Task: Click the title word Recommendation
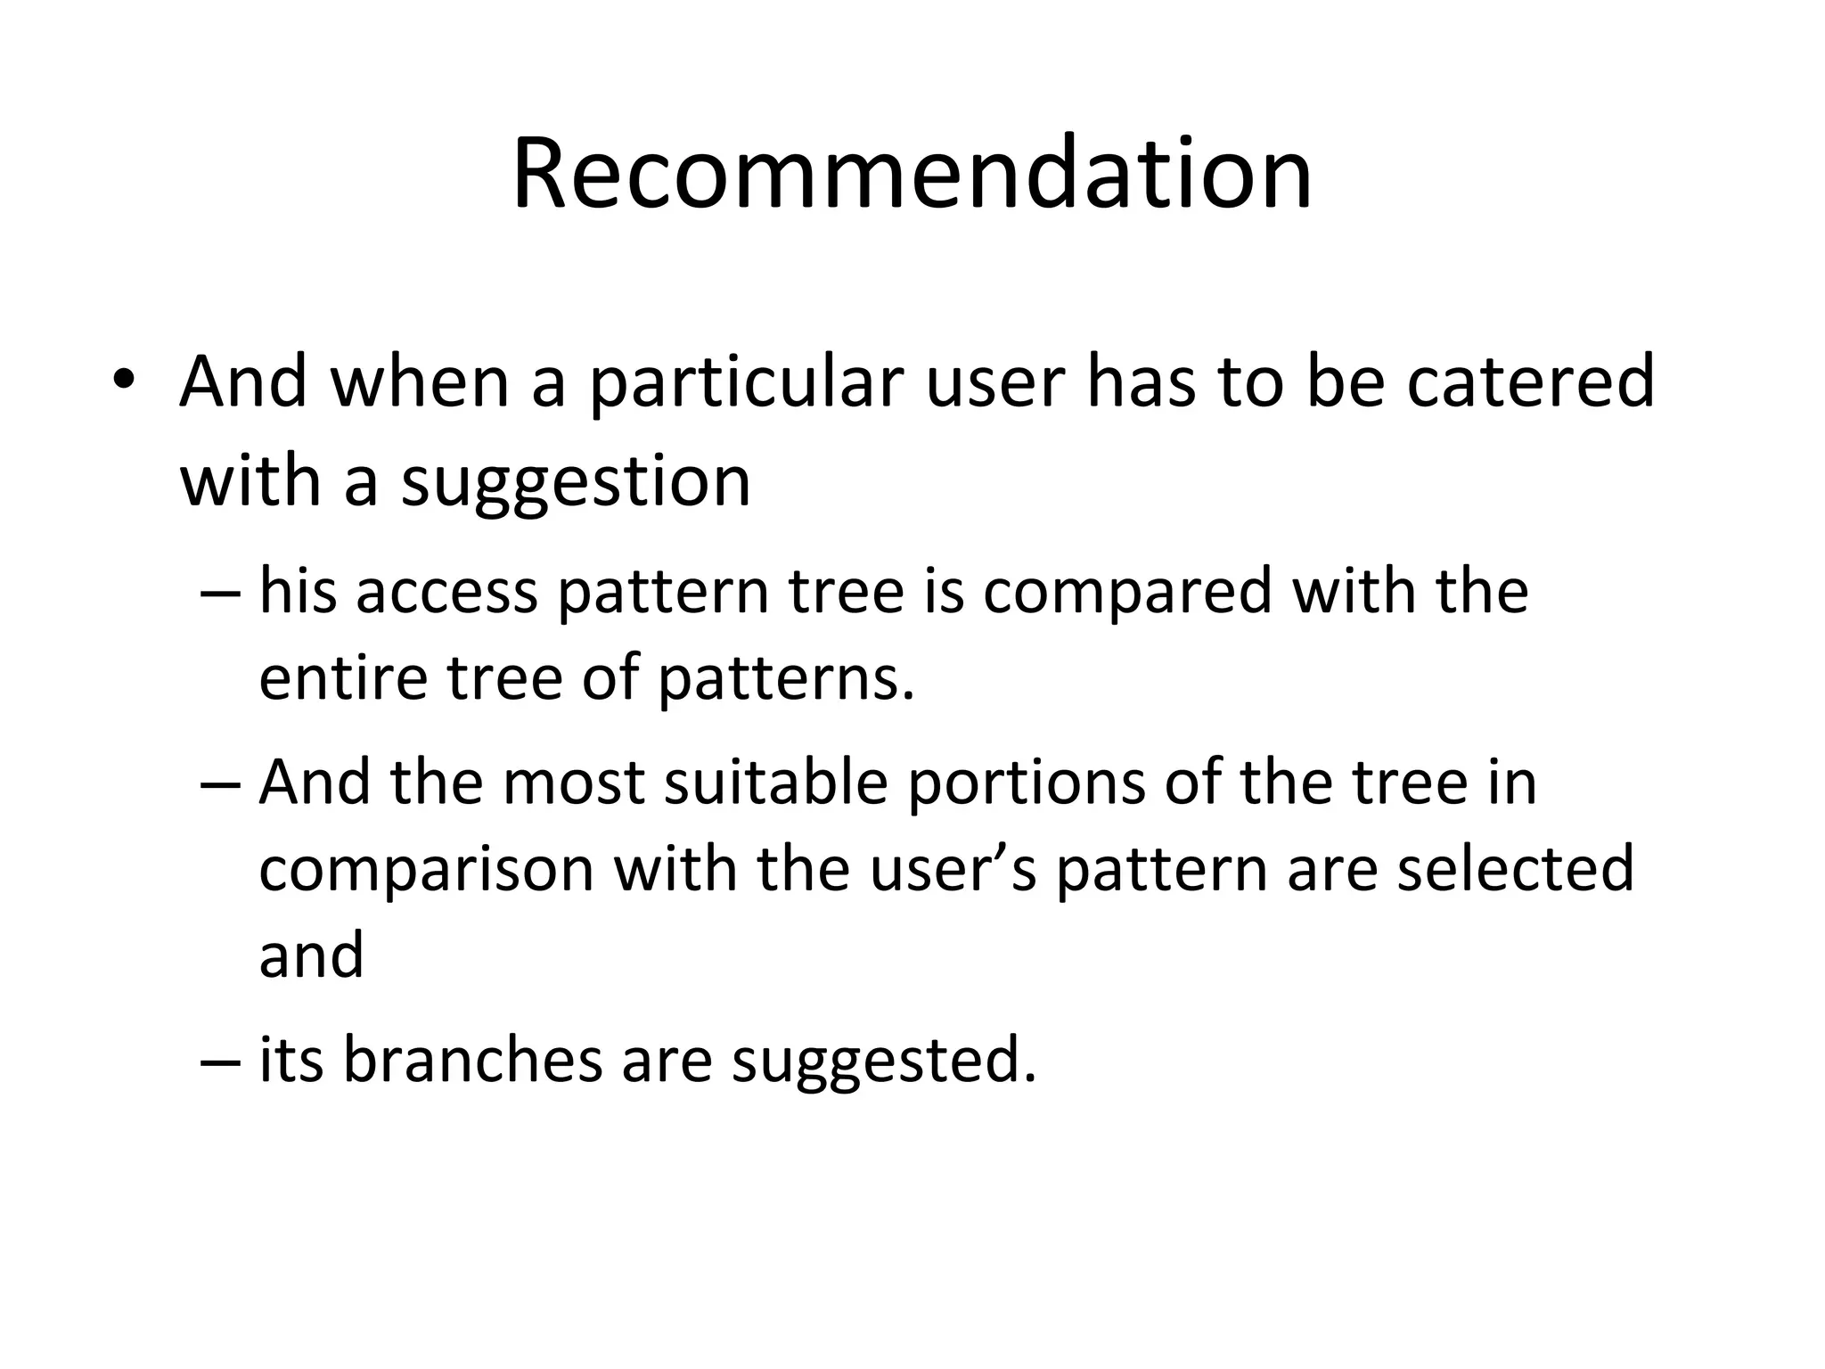pos(912,174)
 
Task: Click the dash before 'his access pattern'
pos(220,593)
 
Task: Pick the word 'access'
pos(446,593)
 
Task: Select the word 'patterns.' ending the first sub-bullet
pos(787,680)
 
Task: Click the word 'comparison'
pos(426,871)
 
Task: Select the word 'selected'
pos(1515,869)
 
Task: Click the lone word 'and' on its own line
pos(311,955)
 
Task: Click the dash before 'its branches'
pos(220,1062)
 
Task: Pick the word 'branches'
pos(472,1060)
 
